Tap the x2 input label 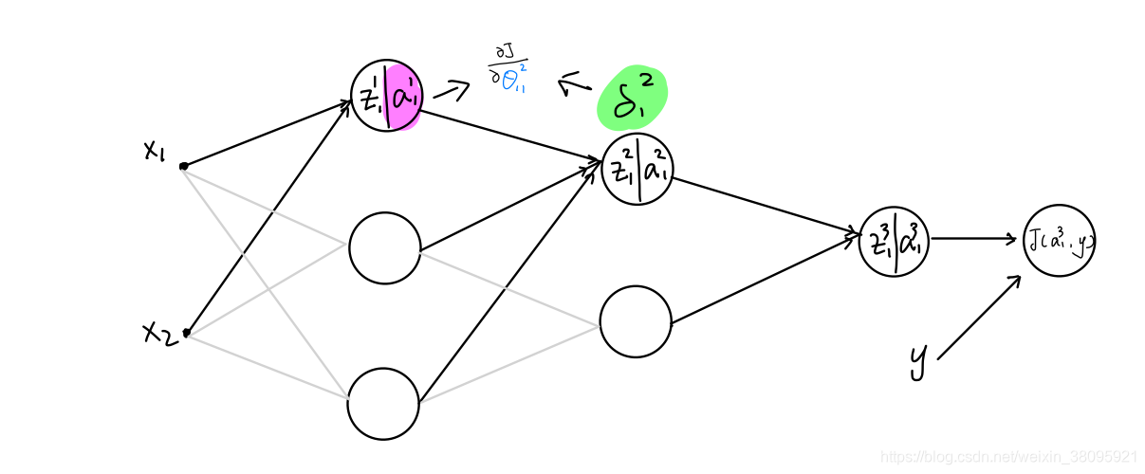(x=157, y=333)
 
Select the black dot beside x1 (x=184, y=166)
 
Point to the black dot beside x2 (x=187, y=333)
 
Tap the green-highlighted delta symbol (x=633, y=99)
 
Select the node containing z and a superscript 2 (x=638, y=170)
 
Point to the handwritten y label (x=917, y=360)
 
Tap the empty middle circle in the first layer (x=384, y=248)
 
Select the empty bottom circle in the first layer (x=383, y=403)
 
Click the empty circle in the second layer (x=636, y=321)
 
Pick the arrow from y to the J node (x=979, y=318)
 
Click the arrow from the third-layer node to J (x=973, y=239)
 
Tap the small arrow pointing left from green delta (x=575, y=86)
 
